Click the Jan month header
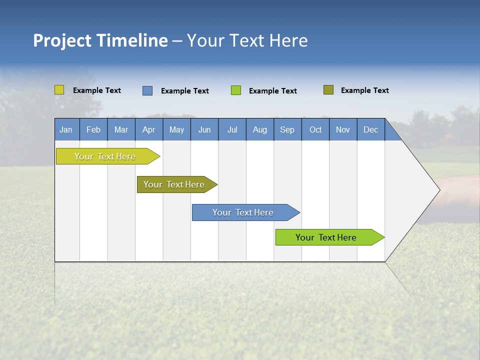click(66, 129)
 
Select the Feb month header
click(93, 129)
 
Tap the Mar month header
click(121, 129)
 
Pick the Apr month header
click(149, 129)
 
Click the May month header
click(176, 129)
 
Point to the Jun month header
click(204, 129)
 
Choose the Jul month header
click(232, 129)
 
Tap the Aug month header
click(260, 129)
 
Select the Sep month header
click(287, 129)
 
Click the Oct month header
click(315, 129)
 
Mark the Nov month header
click(343, 129)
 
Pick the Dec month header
click(371, 129)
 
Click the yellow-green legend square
click(59, 90)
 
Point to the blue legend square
click(147, 90)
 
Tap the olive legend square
click(328, 90)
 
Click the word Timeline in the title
click(132, 40)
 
